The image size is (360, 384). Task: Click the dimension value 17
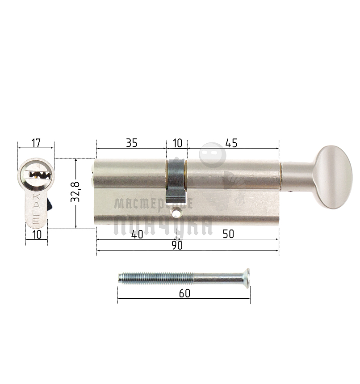coord(36,143)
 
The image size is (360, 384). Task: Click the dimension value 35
coord(131,143)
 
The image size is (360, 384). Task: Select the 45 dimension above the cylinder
coord(231,143)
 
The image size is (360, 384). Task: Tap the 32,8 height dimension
coord(76,192)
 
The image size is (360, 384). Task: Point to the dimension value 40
coord(137,234)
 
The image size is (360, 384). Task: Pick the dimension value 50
coord(228,234)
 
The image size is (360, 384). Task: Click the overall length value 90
coord(177,246)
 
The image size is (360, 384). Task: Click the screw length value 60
coord(184,293)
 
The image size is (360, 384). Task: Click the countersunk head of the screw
coord(246,278)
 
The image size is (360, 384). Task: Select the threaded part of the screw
coord(156,278)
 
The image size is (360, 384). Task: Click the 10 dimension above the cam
coord(177,143)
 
